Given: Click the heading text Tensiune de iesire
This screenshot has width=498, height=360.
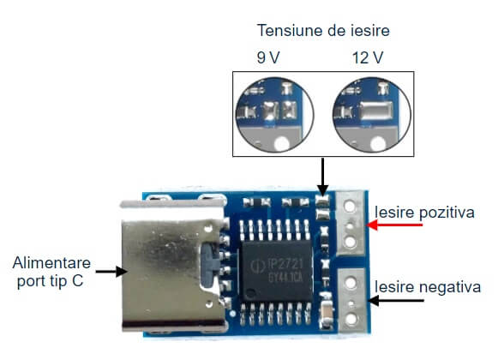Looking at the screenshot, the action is click(323, 31).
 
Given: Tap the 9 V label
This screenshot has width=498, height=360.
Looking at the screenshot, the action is click(268, 57).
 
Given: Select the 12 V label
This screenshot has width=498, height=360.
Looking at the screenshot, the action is click(368, 57).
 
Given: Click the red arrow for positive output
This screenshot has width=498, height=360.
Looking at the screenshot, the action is click(394, 225).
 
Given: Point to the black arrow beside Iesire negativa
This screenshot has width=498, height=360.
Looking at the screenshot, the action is click(396, 300).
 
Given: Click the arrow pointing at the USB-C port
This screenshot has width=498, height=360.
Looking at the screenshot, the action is click(111, 272).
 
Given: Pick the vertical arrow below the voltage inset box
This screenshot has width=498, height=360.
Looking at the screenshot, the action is click(322, 177).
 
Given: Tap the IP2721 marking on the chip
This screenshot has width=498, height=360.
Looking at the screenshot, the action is click(285, 264).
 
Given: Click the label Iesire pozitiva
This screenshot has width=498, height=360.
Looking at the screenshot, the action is click(424, 213).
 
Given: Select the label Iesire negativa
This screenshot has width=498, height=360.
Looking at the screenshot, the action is click(428, 286).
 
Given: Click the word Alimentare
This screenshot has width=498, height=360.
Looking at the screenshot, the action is click(51, 263).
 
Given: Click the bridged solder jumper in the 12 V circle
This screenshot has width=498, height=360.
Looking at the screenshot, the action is click(375, 111).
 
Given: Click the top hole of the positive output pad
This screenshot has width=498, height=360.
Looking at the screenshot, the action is click(350, 207).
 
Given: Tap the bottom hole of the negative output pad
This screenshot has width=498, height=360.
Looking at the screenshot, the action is click(351, 319).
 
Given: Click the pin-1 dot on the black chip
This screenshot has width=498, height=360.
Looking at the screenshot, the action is click(251, 292).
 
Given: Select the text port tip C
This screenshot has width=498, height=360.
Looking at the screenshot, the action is click(51, 281).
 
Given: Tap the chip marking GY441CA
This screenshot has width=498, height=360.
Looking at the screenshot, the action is click(285, 278).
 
